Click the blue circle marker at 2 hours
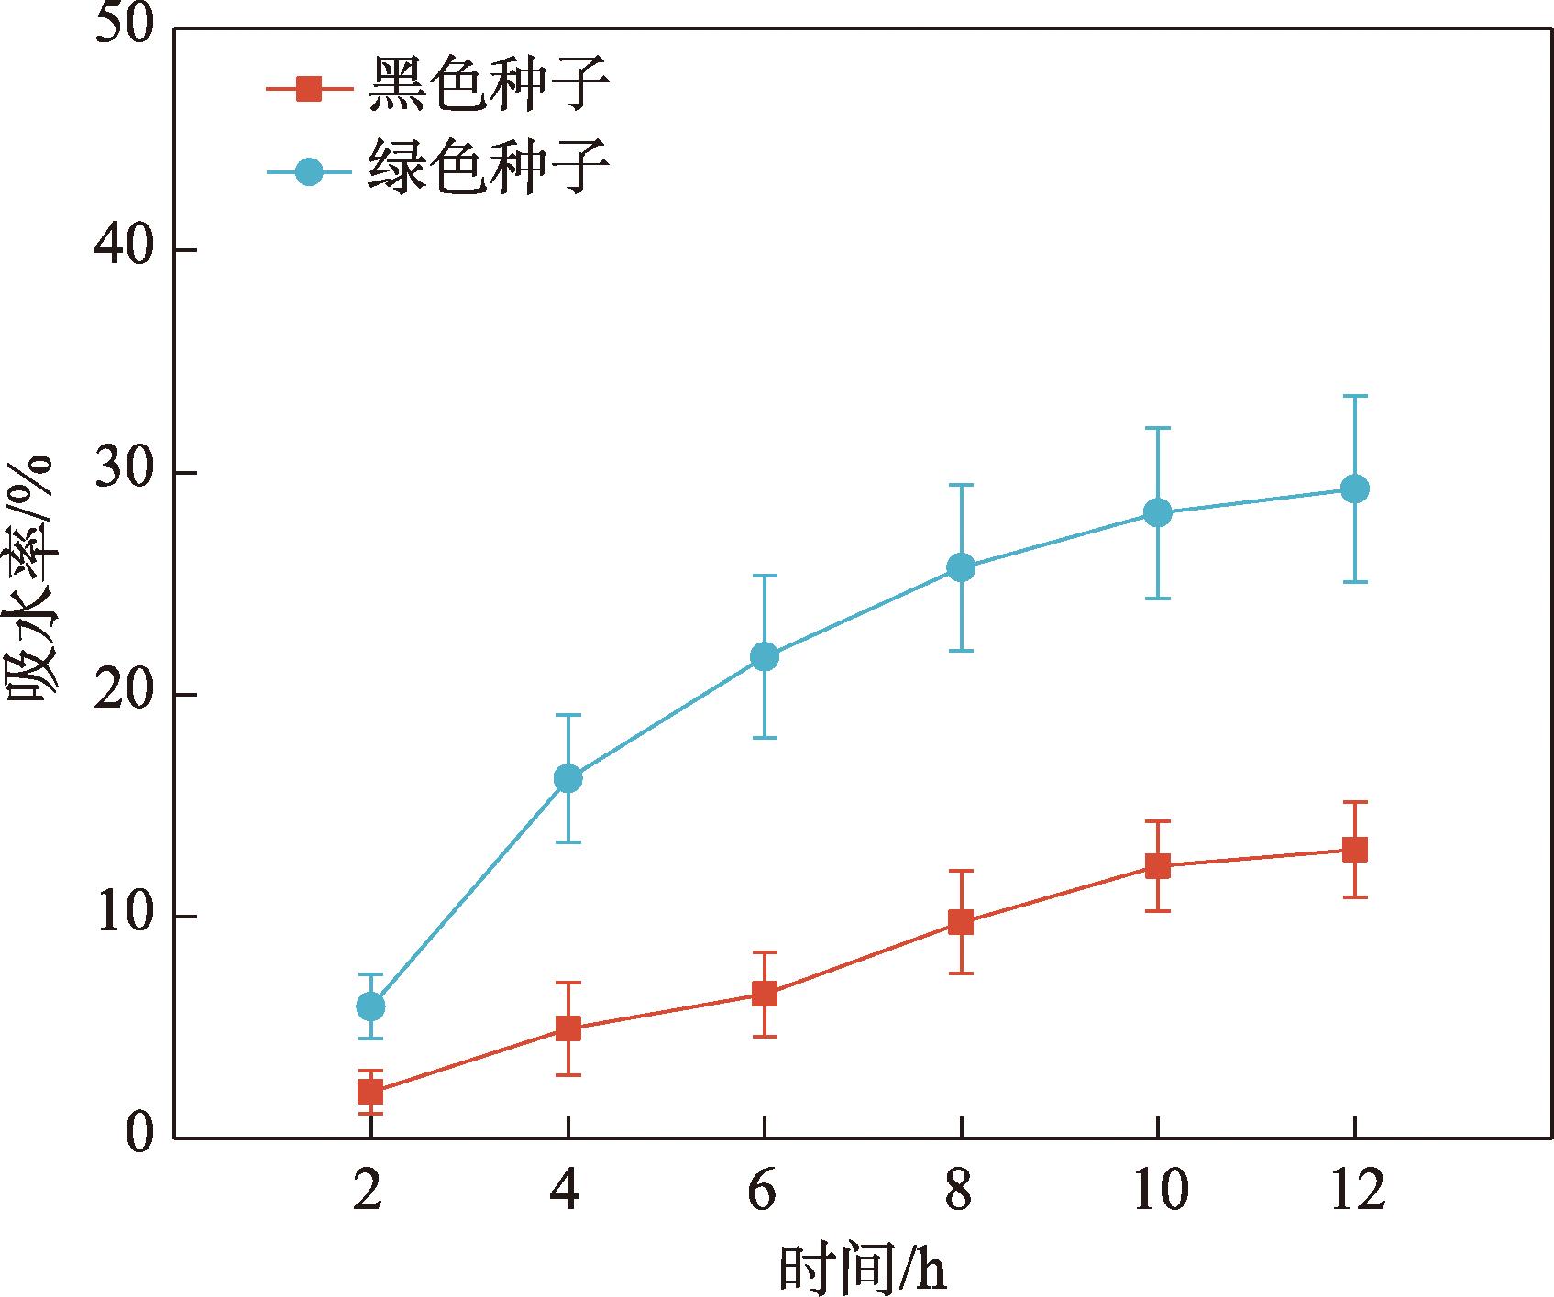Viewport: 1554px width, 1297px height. tap(370, 1006)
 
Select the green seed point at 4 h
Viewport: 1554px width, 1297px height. tap(568, 779)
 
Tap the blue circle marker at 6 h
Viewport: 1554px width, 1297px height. tap(765, 656)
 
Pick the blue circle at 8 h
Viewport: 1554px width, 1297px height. tap(961, 567)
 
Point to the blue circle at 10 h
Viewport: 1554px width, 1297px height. tap(1158, 512)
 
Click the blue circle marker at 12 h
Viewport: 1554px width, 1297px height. tap(1355, 489)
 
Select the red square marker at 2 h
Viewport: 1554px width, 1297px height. tap(370, 1092)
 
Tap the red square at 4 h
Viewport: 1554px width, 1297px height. tap(568, 1028)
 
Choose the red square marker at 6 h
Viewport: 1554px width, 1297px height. tap(765, 994)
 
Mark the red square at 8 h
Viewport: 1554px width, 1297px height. tap(961, 922)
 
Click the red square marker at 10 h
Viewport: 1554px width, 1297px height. tap(1158, 866)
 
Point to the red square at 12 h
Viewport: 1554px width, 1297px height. tap(1355, 850)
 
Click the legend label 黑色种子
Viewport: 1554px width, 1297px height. tap(488, 87)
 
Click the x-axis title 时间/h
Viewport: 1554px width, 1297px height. tap(861, 1268)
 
